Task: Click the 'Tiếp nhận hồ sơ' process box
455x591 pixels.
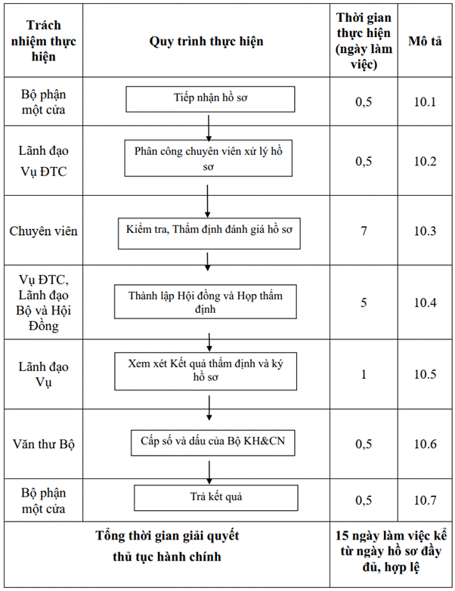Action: point(210,99)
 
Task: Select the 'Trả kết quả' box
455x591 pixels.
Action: point(216,498)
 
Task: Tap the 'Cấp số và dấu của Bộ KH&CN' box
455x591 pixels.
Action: point(213,443)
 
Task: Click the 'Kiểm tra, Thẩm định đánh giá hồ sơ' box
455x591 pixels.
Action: point(209,234)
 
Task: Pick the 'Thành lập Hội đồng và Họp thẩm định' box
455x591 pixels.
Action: point(206,302)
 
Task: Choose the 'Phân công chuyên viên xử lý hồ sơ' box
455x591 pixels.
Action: point(209,158)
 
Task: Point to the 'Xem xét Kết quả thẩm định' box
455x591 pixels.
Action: point(206,371)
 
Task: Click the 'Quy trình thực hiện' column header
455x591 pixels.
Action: point(206,41)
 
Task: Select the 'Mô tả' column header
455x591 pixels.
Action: point(425,41)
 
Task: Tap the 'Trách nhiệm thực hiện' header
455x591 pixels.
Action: point(43,41)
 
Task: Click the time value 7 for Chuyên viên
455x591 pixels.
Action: point(364,231)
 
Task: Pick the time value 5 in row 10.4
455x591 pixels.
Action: point(364,302)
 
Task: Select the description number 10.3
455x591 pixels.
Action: point(426,231)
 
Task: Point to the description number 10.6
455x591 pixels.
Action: point(426,444)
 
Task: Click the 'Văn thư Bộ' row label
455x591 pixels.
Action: point(44,444)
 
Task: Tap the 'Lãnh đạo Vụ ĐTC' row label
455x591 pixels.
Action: point(43,161)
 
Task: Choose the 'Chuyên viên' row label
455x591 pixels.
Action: point(43,231)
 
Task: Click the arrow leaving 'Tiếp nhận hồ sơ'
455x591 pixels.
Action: point(209,128)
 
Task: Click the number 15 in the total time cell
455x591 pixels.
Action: point(342,536)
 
